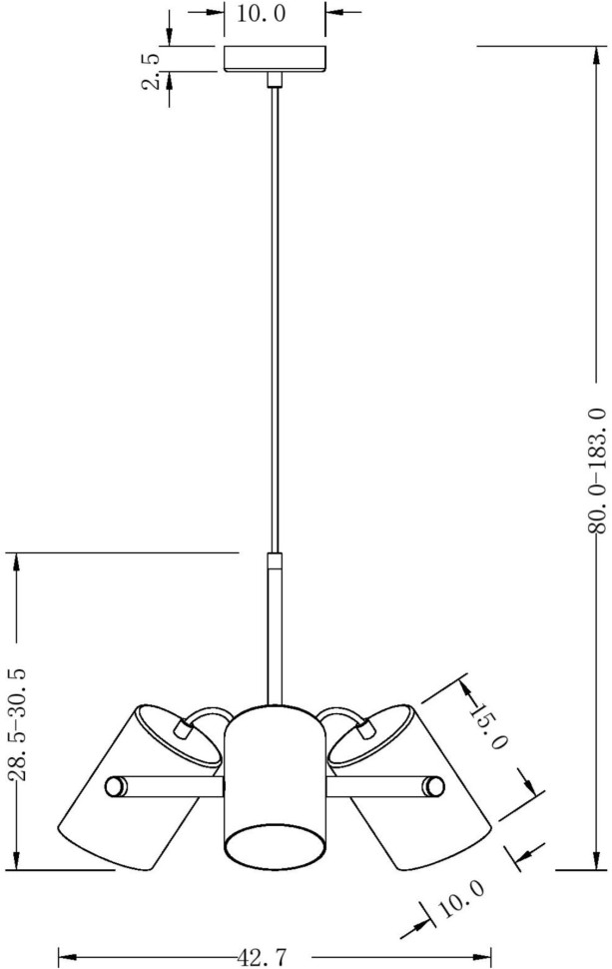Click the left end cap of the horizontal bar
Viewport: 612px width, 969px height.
pos(116,786)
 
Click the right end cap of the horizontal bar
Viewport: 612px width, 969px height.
pos(434,786)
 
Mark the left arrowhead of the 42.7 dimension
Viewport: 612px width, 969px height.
pos(66,955)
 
